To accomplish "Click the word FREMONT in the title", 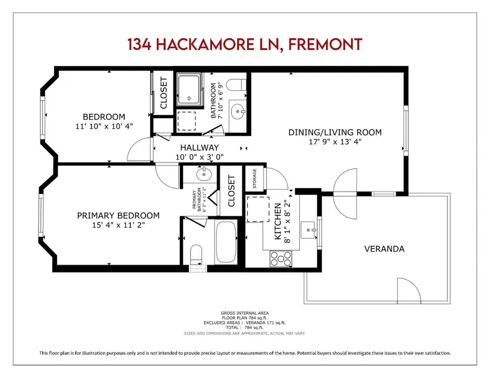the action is [x=325, y=45].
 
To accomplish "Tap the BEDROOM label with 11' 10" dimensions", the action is [x=104, y=117].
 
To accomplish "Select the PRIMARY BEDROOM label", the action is [x=118, y=215].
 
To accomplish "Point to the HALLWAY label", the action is [x=200, y=148].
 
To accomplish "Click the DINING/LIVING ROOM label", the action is [x=335, y=132].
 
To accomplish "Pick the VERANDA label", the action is [x=384, y=249].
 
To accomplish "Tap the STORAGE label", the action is [x=254, y=179].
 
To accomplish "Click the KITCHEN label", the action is [x=277, y=221].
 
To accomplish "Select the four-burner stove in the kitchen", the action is [x=281, y=259].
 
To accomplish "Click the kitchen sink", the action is [x=308, y=230].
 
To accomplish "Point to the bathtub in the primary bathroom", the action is [x=226, y=242].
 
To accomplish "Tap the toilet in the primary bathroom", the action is [x=196, y=254].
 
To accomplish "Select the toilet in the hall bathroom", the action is [x=236, y=85].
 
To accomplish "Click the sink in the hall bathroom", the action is [x=238, y=112].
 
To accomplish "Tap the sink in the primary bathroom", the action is [x=204, y=174].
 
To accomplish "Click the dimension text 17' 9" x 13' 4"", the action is [x=335, y=142].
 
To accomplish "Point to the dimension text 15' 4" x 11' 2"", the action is [x=118, y=225].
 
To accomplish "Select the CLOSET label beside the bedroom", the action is [x=164, y=93].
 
